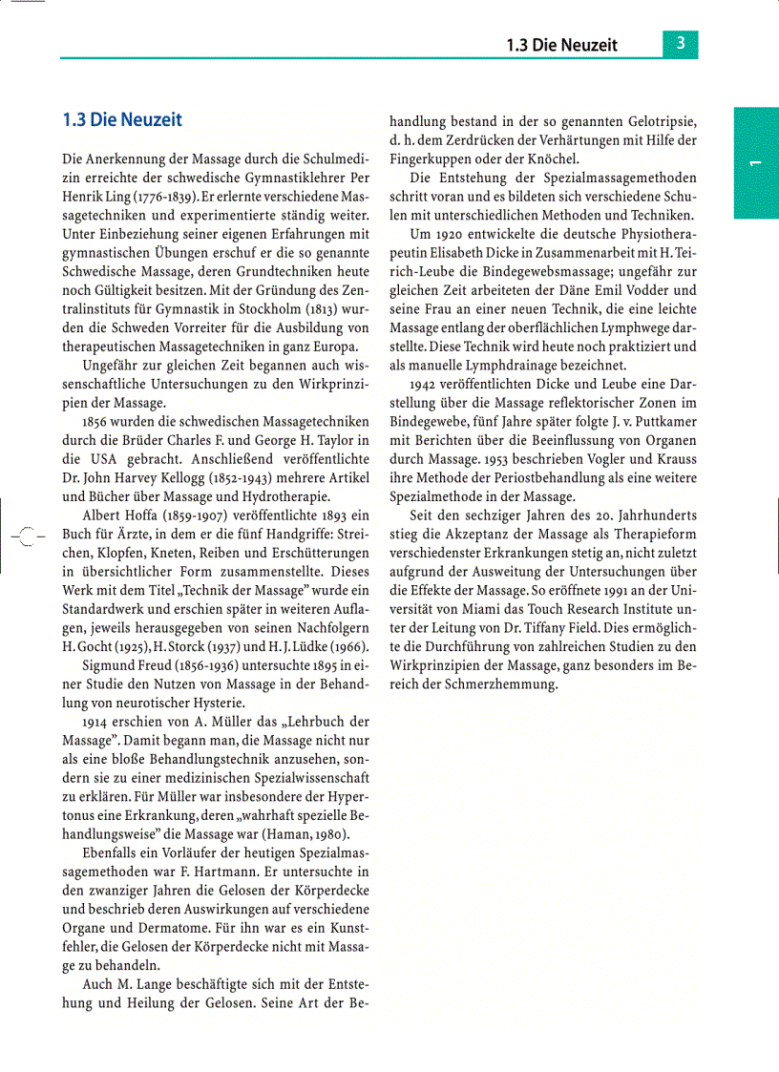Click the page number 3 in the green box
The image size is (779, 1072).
coord(680,44)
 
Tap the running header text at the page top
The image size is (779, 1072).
coord(562,45)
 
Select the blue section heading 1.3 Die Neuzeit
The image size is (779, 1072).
coord(121,120)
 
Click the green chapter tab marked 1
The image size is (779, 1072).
coord(755,163)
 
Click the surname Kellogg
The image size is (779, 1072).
coord(192,477)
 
